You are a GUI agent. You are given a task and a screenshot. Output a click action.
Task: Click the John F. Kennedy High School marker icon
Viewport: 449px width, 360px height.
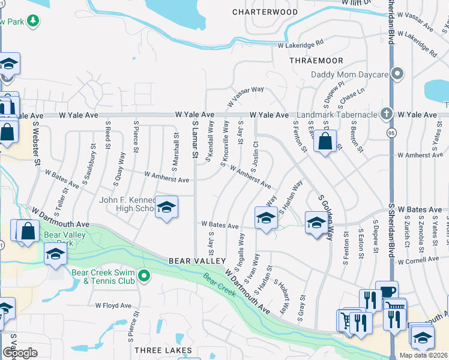click(166, 207)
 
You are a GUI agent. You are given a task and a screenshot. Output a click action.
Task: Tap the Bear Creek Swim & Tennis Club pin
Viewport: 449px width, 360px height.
click(144, 277)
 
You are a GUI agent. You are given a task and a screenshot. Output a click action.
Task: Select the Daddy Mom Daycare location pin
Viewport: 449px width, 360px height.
click(397, 74)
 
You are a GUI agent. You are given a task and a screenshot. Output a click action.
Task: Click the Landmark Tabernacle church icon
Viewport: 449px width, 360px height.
click(387, 113)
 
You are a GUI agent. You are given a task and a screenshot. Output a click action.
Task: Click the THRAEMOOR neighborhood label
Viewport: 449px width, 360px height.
click(316, 61)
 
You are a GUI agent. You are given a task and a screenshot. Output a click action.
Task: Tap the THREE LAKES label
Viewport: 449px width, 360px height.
click(163, 350)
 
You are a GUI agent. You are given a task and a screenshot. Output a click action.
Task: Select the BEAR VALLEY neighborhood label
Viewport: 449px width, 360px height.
click(197, 261)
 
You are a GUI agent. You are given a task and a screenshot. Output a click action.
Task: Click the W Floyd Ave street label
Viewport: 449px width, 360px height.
click(113, 305)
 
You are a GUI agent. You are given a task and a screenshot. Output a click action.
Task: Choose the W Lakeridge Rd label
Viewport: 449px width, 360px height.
click(300, 44)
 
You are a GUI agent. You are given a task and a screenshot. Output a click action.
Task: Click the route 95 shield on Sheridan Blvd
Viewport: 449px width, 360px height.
click(391, 134)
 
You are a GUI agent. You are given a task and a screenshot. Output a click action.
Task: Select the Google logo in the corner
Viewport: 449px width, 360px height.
click(20, 352)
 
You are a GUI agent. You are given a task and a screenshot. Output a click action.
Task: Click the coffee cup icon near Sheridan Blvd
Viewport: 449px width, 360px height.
click(387, 291)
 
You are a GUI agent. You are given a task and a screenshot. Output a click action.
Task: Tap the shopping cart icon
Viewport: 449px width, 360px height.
click(346, 320)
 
